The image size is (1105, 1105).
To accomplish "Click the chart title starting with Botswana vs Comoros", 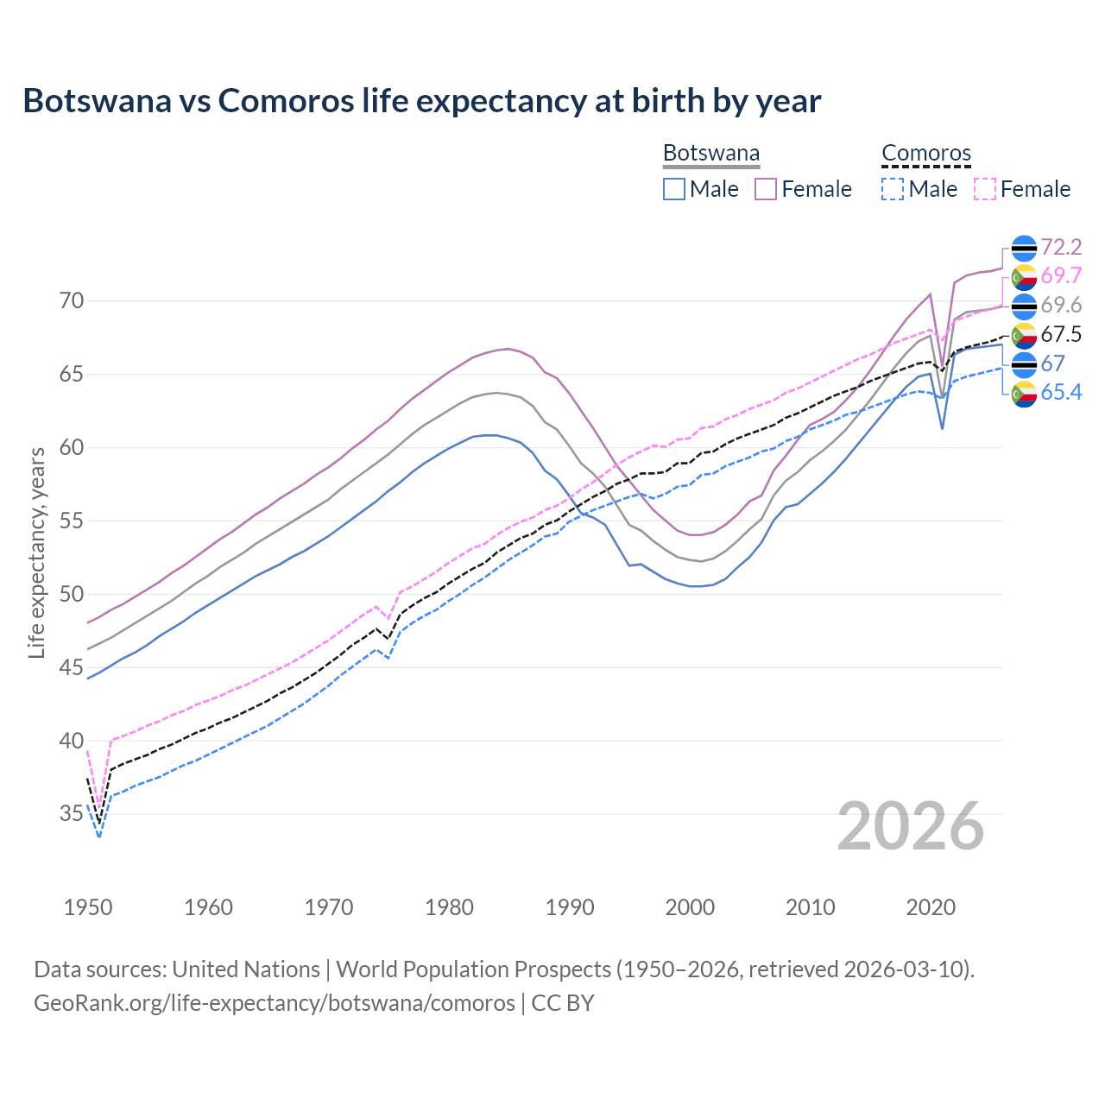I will pyautogui.click(x=421, y=101).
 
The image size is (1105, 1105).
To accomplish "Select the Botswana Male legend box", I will pyautogui.click(x=674, y=189).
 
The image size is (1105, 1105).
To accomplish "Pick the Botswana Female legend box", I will pyautogui.click(x=766, y=189).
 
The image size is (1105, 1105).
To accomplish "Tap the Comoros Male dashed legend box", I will pyautogui.click(x=893, y=189).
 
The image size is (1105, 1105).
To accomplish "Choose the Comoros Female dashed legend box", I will pyautogui.click(x=985, y=189).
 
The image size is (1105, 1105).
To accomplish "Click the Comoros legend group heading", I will pyautogui.click(x=926, y=154).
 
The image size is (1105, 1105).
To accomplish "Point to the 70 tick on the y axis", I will pyautogui.click(x=72, y=301).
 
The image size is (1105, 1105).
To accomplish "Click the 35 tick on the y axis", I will pyautogui.click(x=72, y=813).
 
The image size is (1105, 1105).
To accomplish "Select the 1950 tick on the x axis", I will pyautogui.click(x=88, y=907).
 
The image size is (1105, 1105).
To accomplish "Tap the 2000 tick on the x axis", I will pyautogui.click(x=690, y=907).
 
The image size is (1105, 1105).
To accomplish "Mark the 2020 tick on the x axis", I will pyautogui.click(x=931, y=907).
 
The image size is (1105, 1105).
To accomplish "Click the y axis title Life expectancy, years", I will pyautogui.click(x=37, y=552).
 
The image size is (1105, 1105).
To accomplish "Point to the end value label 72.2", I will pyautogui.click(x=1061, y=248).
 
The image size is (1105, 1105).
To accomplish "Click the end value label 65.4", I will pyautogui.click(x=1061, y=393).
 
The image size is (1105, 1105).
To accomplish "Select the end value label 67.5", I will pyautogui.click(x=1061, y=335).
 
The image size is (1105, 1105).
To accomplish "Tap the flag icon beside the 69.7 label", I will pyautogui.click(x=1024, y=276).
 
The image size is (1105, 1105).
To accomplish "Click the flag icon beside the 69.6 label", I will pyautogui.click(x=1024, y=306).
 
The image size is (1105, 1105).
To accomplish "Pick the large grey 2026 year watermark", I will pyautogui.click(x=911, y=826).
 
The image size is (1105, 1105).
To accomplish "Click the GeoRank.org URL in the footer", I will pyautogui.click(x=275, y=1003).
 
